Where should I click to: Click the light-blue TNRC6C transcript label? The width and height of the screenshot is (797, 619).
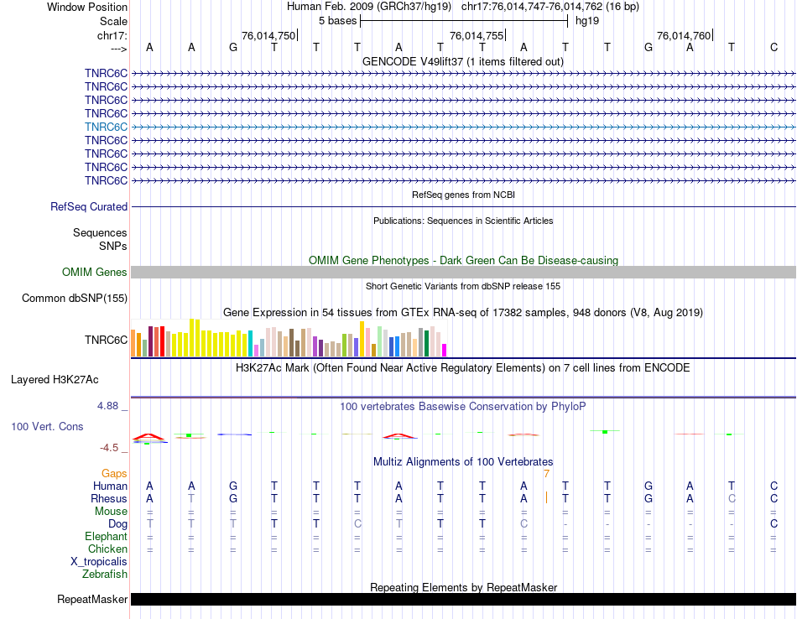coord(106,127)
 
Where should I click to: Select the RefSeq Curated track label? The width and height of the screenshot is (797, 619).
coord(89,206)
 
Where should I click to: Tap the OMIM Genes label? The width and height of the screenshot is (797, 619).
coord(95,272)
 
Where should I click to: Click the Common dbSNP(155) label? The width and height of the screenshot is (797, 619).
coord(75,298)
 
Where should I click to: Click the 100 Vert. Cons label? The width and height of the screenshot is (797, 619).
coord(47,426)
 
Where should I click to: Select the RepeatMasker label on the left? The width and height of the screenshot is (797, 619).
coord(92,599)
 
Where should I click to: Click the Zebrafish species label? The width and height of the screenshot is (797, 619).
coord(105,575)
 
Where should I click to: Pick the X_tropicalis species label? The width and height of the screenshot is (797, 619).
coord(99,562)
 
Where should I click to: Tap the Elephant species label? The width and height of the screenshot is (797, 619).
coord(106,537)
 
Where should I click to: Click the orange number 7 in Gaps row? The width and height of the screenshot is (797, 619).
coord(546,473)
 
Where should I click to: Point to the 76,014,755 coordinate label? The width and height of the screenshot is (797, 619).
coord(477,35)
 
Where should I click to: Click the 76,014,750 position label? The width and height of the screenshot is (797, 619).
coord(268,35)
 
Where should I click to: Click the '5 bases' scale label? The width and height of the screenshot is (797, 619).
coord(337,20)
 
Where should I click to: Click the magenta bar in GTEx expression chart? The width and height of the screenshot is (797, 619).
coord(445,350)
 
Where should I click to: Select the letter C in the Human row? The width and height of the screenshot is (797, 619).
coord(774,486)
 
